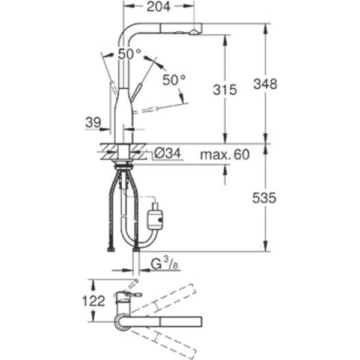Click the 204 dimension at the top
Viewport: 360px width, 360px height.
click(x=158, y=7)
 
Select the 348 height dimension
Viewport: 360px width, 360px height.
click(x=265, y=84)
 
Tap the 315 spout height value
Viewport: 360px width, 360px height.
click(x=225, y=89)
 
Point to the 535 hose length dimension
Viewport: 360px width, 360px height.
click(x=264, y=198)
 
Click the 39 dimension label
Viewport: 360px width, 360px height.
click(x=93, y=122)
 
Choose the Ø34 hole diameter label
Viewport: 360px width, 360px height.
click(x=168, y=153)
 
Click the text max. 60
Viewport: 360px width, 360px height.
click(x=225, y=154)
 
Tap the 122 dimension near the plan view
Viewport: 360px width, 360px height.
click(x=94, y=301)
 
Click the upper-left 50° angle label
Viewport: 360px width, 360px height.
click(x=130, y=55)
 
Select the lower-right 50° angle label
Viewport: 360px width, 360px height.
click(x=174, y=80)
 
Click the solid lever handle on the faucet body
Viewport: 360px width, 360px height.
click(x=135, y=93)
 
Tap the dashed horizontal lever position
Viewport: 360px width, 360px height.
click(x=161, y=107)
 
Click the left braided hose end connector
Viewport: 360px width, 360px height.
click(x=111, y=249)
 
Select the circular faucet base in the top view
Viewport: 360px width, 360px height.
click(x=122, y=322)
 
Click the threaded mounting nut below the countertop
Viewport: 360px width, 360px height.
click(x=124, y=166)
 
